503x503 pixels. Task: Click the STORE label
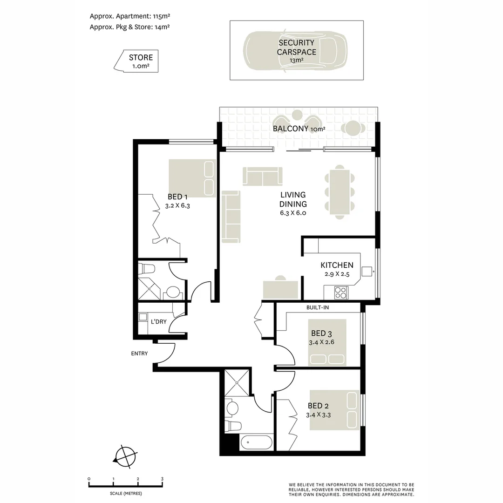(141, 58)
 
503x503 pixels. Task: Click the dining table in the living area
(340, 192)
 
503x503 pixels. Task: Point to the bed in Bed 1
(192, 178)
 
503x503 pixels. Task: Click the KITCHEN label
(337, 265)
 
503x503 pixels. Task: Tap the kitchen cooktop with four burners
(341, 292)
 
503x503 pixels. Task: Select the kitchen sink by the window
(367, 272)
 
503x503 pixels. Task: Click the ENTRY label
(139, 353)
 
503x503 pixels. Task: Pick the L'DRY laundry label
(158, 321)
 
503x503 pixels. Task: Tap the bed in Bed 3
(327, 342)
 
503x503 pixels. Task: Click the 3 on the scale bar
(162, 479)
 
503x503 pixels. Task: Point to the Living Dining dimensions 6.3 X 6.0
(293, 213)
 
